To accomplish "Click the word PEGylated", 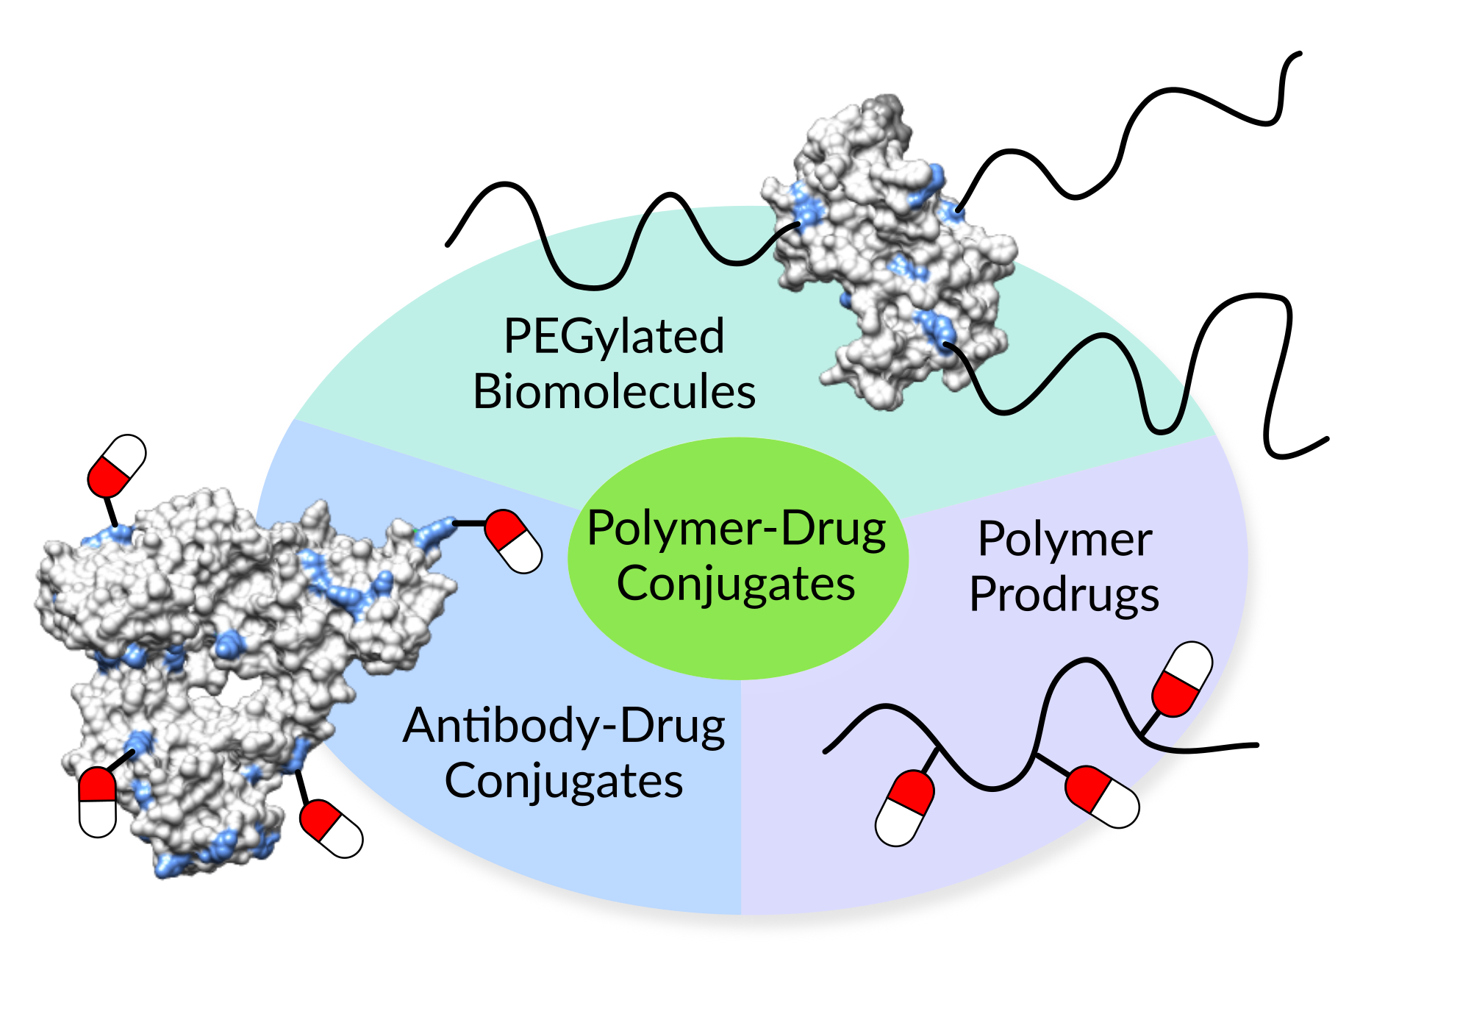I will pos(614,338).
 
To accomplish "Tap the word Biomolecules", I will pos(614,392).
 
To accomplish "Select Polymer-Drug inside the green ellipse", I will pos(737,529).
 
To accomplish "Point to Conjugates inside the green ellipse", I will pos(736,585).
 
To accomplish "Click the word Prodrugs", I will pos(1064,595).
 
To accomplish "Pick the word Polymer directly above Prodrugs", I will pos(1064,540).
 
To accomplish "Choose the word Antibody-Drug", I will pos(564,727).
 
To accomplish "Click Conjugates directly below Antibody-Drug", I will pos(564,781).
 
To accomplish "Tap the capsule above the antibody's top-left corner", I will pos(117,465).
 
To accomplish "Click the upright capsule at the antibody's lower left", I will pos(98,802).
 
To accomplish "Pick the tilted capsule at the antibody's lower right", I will pos(332,829).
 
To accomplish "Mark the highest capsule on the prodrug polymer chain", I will pos(1182,679).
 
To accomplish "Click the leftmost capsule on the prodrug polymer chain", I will pos(905,808).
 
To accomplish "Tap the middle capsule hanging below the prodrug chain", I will pos(1102,796).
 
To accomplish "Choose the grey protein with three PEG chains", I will pos(890,250).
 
